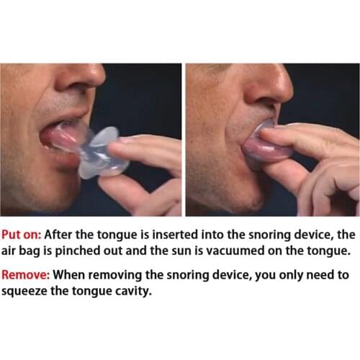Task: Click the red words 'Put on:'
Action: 24,235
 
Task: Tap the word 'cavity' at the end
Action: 135,292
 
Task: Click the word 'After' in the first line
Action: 67,235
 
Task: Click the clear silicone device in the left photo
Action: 101,150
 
